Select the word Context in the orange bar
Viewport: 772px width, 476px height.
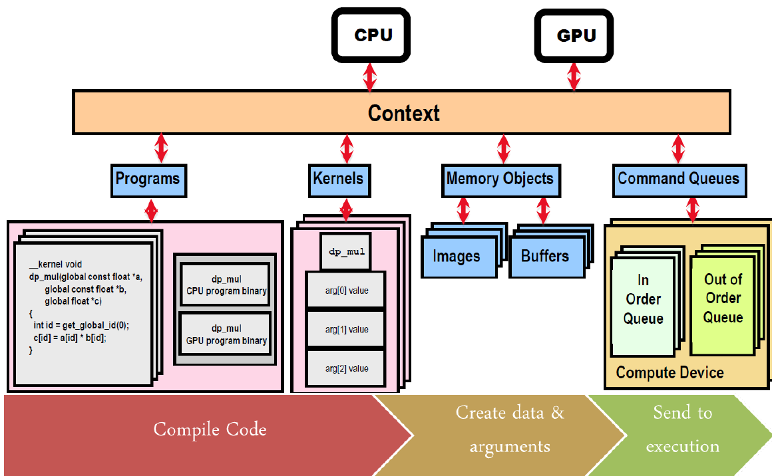(404, 113)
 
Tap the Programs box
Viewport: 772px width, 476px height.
(148, 179)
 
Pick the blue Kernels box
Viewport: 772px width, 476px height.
(339, 179)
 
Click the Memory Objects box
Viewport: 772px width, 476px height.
(500, 179)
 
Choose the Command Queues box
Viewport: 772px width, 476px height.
(678, 179)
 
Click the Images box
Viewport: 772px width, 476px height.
(457, 256)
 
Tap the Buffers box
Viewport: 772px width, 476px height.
(545, 256)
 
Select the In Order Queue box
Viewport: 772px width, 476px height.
(643, 300)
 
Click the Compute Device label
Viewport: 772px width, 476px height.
(670, 372)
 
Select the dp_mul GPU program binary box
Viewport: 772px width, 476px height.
(226, 335)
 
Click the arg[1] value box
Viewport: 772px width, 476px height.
(346, 330)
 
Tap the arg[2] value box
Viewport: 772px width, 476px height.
(346, 368)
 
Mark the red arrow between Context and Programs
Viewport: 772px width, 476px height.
(160, 148)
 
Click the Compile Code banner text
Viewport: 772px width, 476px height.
(210, 429)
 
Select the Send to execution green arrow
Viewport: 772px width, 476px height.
(682, 429)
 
